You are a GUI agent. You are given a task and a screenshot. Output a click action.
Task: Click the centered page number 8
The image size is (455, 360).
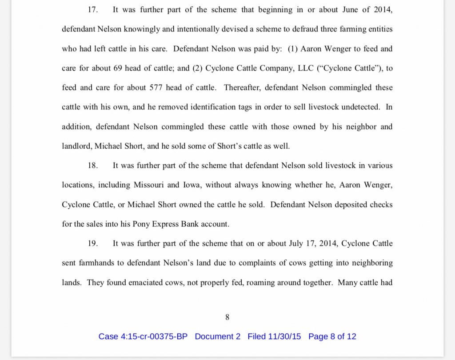click(227, 317)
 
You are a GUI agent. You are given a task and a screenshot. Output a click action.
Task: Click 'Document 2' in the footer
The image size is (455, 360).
click(218, 336)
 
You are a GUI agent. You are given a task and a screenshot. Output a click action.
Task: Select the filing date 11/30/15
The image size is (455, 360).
click(284, 336)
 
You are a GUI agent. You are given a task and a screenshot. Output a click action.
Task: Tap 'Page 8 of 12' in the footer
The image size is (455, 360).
click(332, 336)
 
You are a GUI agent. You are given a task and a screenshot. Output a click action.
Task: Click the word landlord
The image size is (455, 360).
click(77, 146)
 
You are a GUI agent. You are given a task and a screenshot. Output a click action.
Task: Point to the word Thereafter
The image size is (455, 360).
click(242, 88)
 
